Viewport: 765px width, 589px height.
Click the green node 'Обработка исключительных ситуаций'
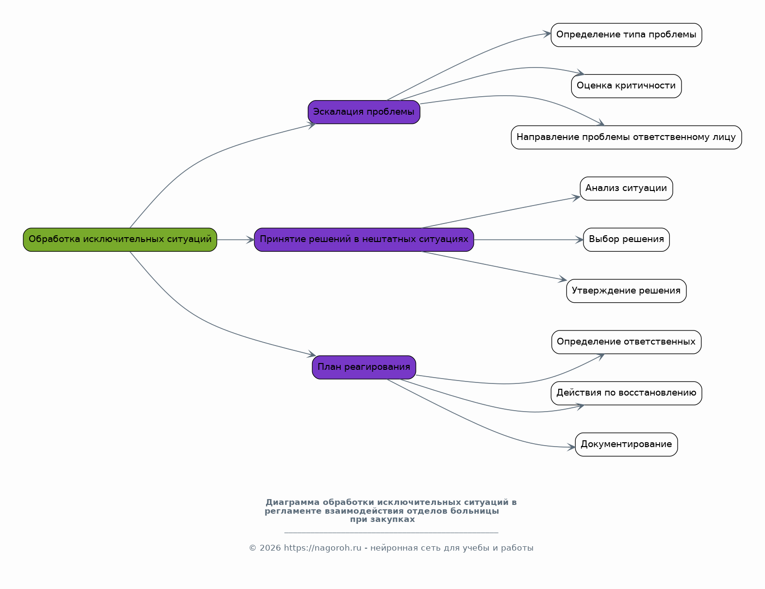[120, 240]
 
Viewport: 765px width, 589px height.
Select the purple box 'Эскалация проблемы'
[364, 112]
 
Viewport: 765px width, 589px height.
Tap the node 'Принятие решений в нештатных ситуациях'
[364, 240]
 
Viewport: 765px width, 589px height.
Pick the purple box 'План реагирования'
[364, 367]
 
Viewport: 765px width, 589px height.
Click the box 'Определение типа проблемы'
[626, 35]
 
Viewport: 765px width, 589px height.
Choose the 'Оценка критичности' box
[626, 86]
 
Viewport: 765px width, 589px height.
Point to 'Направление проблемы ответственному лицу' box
[626, 138]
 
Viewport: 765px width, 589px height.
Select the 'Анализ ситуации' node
[626, 189]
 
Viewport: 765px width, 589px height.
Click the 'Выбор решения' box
[626, 240]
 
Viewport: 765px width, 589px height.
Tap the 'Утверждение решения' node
[626, 291]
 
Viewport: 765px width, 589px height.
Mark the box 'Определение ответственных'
[626, 342]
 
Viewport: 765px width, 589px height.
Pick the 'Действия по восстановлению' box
[626, 393]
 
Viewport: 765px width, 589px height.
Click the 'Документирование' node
[626, 445]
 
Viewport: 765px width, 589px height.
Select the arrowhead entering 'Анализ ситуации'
[577, 197]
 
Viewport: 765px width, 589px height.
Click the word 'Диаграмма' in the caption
[292, 502]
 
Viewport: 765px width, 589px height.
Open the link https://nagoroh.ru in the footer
[322, 548]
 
